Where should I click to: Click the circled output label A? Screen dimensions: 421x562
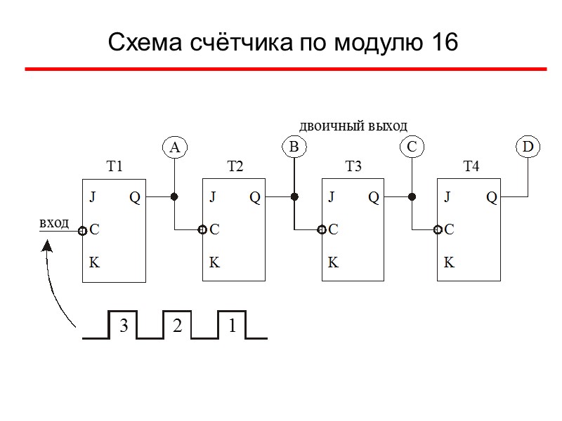pos(175,147)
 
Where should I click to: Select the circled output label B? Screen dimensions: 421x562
pos(294,147)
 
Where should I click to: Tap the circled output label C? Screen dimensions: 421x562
pos(412,147)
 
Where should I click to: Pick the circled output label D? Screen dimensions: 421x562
pos(528,147)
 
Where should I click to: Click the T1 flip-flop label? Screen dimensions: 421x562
pos(115,167)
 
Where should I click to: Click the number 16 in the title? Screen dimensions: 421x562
pos(441,44)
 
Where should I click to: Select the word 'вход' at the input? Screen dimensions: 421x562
pos(54,223)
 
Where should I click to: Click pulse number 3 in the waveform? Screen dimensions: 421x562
pos(123,326)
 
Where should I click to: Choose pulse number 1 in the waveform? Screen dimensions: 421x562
pos(232,326)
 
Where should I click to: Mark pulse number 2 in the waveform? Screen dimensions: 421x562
pos(177,326)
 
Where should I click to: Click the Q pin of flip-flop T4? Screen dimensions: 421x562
pos(492,198)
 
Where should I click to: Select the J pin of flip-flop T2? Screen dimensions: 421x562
pos(213,198)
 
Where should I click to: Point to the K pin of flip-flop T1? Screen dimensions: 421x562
pos(94,264)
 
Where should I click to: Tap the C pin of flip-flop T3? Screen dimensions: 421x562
pos(334,229)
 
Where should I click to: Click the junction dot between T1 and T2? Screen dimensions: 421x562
pos(175,197)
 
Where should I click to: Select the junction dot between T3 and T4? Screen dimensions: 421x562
pos(412,197)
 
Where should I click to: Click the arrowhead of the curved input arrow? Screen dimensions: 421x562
pos(47,246)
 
